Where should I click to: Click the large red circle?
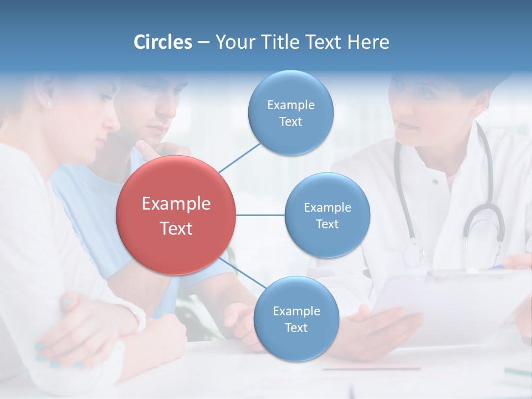[x=176, y=215]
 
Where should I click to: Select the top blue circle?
[x=290, y=112]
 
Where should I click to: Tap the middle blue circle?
[x=327, y=215]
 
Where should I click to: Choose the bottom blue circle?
[x=296, y=319]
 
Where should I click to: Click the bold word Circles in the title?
[x=163, y=42]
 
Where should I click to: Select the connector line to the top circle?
[x=239, y=157]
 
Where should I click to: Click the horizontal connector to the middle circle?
[x=260, y=215]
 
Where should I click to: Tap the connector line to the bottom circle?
[x=242, y=274]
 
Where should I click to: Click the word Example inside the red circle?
[x=176, y=204]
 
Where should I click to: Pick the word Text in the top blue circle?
[x=290, y=121]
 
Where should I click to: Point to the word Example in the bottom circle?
[x=296, y=311]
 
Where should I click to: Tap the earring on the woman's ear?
[x=49, y=104]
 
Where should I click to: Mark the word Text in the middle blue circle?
[x=327, y=224]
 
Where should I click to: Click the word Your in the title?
[x=231, y=42]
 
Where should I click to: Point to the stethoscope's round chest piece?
[x=413, y=255]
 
